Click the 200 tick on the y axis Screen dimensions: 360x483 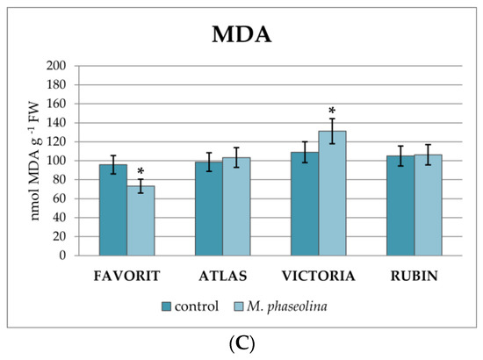54,66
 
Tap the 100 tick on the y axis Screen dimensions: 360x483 54,161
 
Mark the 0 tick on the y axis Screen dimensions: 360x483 61,256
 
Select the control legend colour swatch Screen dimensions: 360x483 166,306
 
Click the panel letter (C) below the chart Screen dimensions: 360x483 241,344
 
